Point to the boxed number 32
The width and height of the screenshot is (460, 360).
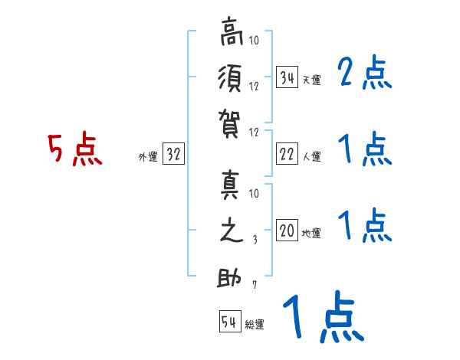(173, 155)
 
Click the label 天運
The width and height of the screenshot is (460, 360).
(311, 80)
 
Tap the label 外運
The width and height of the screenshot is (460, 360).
(148, 157)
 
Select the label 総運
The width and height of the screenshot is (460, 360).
(255, 324)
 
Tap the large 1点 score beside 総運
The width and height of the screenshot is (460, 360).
(322, 318)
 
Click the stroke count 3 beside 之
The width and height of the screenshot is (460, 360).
(255, 240)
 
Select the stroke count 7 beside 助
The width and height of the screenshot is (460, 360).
(255, 285)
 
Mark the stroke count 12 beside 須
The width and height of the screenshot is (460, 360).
(255, 87)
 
